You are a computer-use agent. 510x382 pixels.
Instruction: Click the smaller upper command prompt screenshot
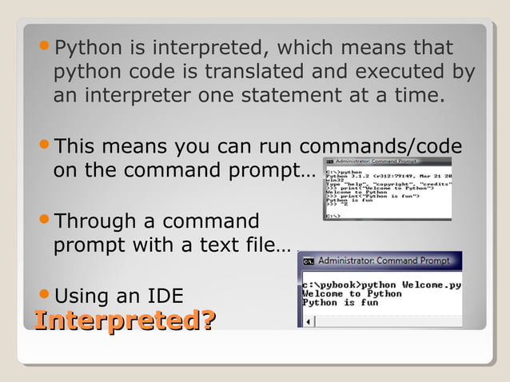coord(387,189)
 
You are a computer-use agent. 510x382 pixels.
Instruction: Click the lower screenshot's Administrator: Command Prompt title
coord(383,261)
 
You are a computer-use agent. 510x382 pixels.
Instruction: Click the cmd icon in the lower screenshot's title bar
coord(308,261)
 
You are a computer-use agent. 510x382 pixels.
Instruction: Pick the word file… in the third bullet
coord(269,245)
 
